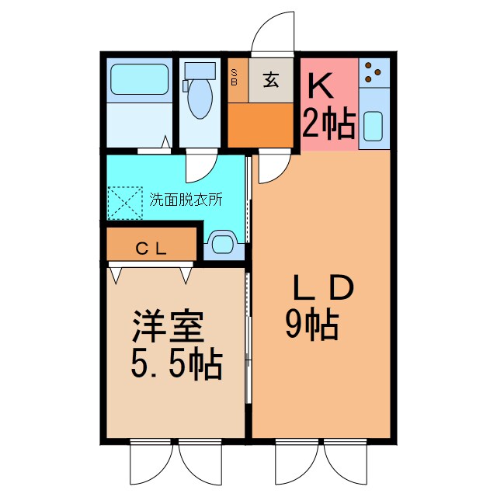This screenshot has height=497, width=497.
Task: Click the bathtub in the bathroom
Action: (x=140, y=78)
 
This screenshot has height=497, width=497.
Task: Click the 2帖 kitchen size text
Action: (x=329, y=122)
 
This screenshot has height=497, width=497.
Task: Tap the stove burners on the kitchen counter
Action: (x=374, y=72)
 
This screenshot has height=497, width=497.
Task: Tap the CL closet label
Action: (x=151, y=249)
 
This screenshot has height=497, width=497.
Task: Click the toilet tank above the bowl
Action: (x=200, y=71)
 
